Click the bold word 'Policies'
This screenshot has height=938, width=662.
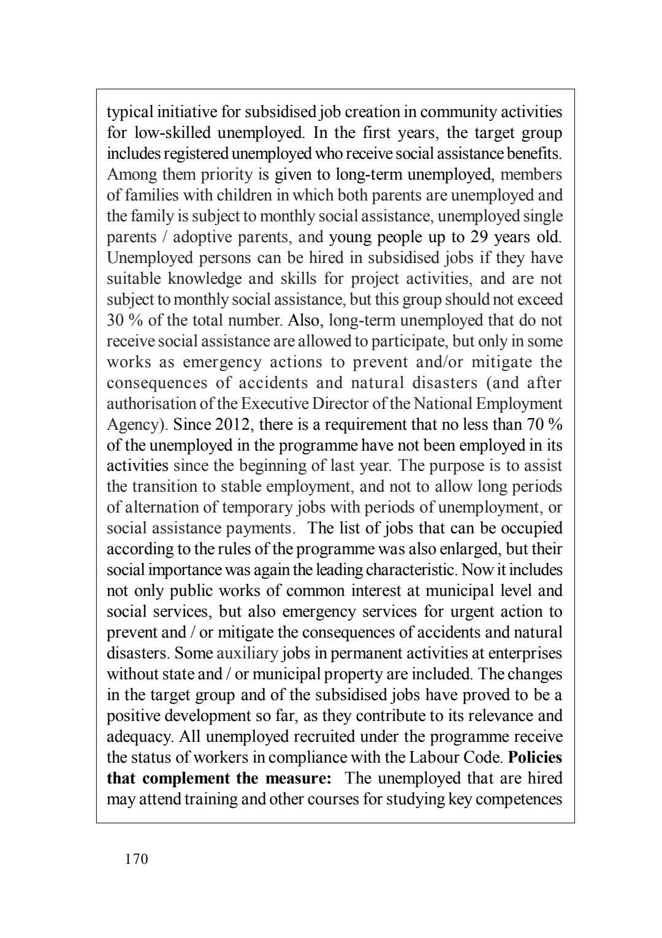(x=535, y=757)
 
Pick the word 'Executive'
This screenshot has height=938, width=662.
(x=271, y=403)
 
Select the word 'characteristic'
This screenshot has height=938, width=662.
(x=409, y=570)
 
